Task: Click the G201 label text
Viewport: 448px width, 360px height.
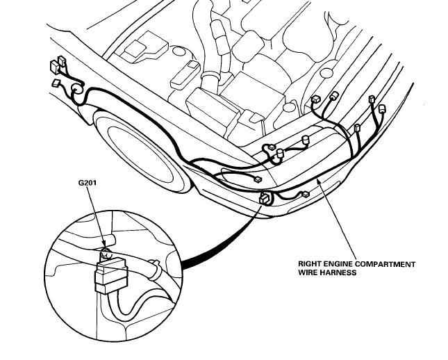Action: (89, 184)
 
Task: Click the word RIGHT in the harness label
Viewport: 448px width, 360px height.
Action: (310, 264)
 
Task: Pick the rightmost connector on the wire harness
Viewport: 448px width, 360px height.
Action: (381, 109)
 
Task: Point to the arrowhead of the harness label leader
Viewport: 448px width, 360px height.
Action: (317, 179)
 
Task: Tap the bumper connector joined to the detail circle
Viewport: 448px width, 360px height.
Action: (265, 200)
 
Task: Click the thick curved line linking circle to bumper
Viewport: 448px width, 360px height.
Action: (215, 240)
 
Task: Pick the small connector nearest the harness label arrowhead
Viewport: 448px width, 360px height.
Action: (304, 195)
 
